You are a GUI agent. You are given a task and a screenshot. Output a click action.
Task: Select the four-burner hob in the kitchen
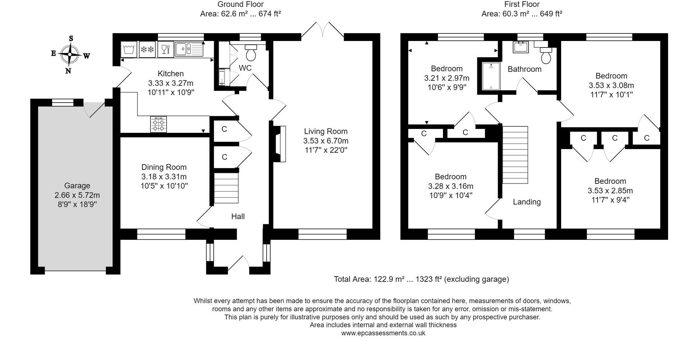pyautogui.click(x=159, y=124)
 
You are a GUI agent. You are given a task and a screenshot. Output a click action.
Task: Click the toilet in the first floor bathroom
pyautogui.click(x=546, y=55)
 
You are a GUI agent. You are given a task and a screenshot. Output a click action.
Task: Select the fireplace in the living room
pyautogui.click(x=280, y=144)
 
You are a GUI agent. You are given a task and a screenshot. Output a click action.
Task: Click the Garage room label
pyautogui.click(x=77, y=186)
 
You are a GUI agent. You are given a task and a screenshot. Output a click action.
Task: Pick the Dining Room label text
pyautogui.click(x=164, y=167)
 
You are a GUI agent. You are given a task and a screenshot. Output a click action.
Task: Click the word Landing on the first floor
pyautogui.click(x=527, y=202)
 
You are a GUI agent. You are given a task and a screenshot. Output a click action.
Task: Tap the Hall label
pyautogui.click(x=238, y=216)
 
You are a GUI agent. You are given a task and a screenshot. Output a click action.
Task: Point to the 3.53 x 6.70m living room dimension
pyautogui.click(x=326, y=141)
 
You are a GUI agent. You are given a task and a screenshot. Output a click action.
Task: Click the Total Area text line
pyautogui.click(x=421, y=279)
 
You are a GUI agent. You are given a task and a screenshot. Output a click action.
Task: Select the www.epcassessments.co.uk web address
pyautogui.click(x=383, y=333)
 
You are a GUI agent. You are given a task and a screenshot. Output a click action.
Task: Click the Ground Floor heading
pyautogui.click(x=240, y=4)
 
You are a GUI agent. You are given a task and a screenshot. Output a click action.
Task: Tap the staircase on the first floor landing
pyautogui.click(x=515, y=155)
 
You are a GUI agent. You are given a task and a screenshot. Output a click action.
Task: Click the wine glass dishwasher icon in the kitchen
pyautogui.click(x=165, y=49)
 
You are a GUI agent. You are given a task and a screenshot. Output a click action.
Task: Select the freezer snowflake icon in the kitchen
pyautogui.click(x=147, y=49)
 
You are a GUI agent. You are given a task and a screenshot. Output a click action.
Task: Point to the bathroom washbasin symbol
pyautogui.click(x=519, y=47)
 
